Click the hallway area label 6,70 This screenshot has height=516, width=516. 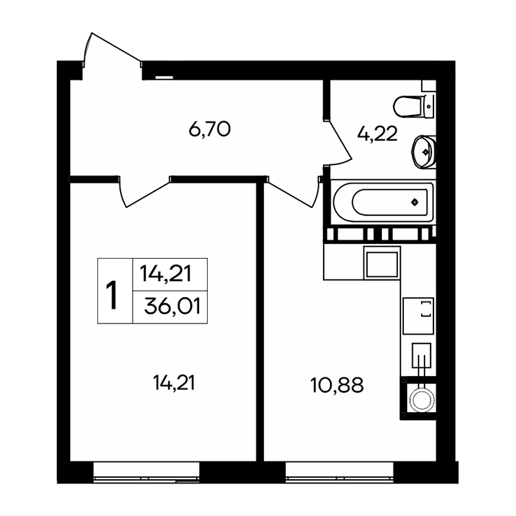(209, 129)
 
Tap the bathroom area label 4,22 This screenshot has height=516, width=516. (377, 134)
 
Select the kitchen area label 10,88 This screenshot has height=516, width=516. (337, 385)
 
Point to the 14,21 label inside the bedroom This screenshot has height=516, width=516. (174, 383)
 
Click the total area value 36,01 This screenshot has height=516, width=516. (172, 307)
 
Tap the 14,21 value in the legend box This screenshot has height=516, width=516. (166, 273)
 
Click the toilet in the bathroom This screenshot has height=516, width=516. (414, 106)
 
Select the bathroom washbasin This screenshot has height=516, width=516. (424, 152)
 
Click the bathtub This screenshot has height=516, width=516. (383, 202)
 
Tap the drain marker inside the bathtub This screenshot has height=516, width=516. (415, 202)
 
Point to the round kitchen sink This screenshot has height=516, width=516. (422, 400)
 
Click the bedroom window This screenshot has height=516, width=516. (147, 473)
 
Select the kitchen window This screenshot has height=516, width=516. (340, 473)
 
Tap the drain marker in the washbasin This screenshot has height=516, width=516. (426, 152)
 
